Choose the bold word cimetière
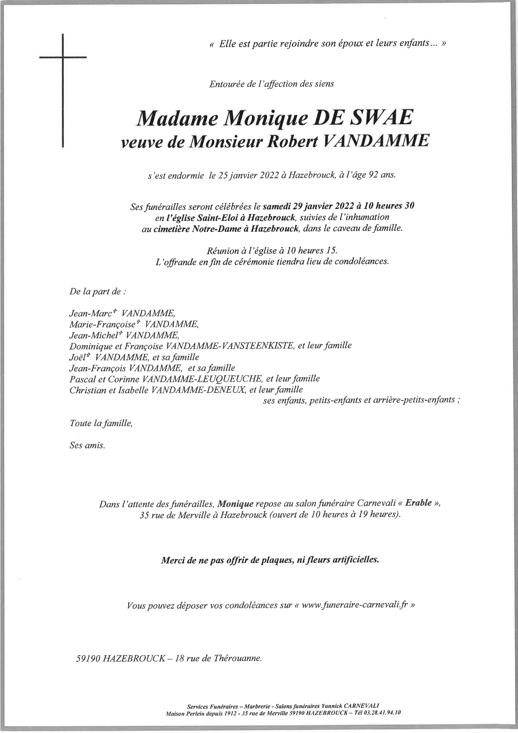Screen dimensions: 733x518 click(x=173, y=229)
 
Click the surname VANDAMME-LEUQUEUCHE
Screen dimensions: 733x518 click(x=202, y=378)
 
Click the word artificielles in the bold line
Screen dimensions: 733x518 click(x=356, y=560)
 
